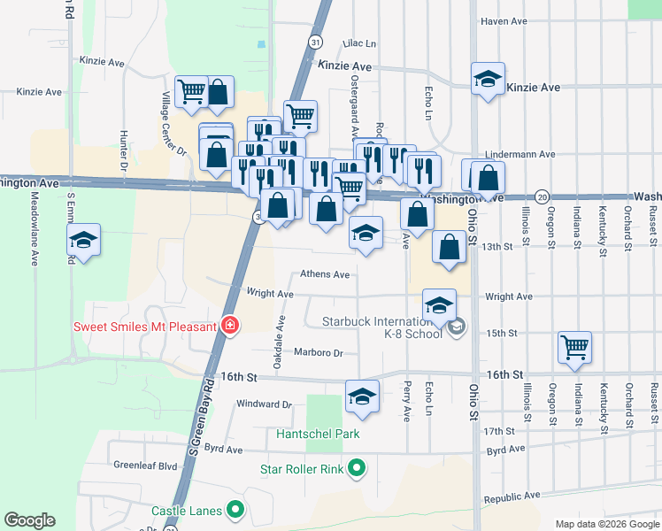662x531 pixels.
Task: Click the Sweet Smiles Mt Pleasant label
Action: point(145,327)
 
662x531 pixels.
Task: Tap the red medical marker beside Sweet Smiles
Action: point(230,327)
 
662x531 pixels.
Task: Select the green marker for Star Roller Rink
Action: point(357,468)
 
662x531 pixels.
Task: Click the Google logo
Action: point(29,520)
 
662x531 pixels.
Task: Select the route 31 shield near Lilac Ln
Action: point(315,42)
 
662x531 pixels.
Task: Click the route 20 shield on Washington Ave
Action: point(542,196)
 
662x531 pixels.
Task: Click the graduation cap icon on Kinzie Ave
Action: point(488,80)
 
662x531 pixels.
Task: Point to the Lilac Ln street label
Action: point(359,42)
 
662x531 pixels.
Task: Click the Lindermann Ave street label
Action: point(500,154)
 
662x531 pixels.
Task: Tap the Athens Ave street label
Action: point(325,274)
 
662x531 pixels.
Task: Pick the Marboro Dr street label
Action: point(319,352)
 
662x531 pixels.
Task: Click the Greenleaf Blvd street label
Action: point(145,464)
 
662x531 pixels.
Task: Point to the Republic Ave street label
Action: point(512,499)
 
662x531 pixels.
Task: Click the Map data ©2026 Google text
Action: point(606,524)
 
